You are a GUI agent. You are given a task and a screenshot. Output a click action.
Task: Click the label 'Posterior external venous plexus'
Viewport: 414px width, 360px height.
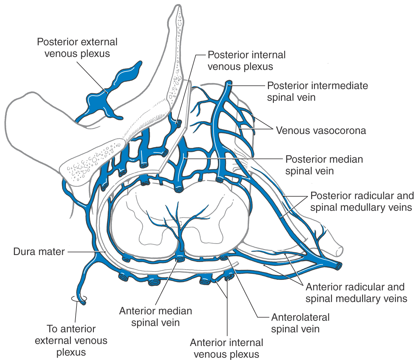[77, 48]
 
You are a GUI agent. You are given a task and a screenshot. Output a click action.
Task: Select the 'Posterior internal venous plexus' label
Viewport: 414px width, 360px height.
[246, 61]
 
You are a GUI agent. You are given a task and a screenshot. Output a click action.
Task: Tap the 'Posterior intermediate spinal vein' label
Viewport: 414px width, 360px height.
[317, 91]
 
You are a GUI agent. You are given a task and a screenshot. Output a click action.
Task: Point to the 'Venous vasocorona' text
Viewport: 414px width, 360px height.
[321, 130]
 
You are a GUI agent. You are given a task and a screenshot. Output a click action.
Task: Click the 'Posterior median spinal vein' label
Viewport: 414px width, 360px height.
[324, 165]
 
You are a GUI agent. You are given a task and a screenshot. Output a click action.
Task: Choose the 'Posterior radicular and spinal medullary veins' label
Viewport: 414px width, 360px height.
[362, 202]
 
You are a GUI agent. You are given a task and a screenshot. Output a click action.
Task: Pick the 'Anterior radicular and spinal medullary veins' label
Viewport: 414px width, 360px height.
[356, 293]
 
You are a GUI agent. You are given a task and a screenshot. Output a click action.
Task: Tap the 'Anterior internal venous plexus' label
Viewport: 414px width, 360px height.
[226, 348]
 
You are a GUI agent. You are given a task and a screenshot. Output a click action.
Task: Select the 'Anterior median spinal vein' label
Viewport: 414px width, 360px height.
[155, 317]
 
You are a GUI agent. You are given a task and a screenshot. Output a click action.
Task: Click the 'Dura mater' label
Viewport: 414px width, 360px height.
[39, 251]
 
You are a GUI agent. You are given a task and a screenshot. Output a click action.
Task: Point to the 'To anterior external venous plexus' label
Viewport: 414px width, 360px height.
[71, 340]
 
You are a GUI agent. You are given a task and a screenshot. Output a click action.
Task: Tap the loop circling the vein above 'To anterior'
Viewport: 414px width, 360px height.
[79, 299]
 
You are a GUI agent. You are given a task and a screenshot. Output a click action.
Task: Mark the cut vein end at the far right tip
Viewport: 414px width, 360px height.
[338, 266]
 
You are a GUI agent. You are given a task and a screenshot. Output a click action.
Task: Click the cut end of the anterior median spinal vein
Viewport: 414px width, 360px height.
[179, 259]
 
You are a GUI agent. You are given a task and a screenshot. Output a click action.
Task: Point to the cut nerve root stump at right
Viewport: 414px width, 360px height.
[338, 250]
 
